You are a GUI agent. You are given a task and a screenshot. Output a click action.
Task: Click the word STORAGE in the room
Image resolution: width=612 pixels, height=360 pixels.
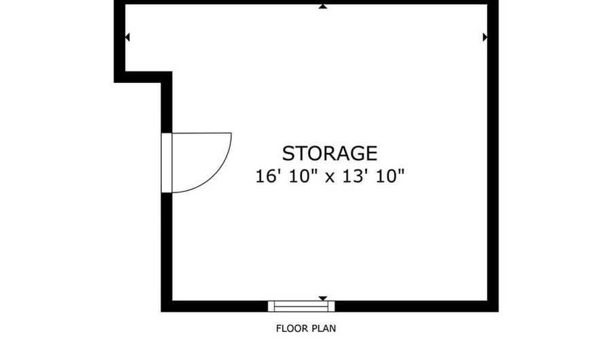(x=330, y=153)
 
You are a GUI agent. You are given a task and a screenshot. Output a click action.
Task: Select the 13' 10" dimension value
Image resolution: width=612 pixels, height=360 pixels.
(x=373, y=176)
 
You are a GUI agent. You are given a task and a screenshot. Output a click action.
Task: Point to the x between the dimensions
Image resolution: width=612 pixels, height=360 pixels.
(x=330, y=178)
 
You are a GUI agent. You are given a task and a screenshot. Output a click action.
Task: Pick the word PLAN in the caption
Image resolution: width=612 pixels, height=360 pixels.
(x=323, y=329)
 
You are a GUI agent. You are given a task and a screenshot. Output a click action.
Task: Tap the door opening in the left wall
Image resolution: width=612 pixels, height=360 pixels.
(x=167, y=163)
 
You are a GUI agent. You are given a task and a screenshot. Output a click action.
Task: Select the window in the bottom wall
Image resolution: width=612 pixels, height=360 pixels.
(x=301, y=306)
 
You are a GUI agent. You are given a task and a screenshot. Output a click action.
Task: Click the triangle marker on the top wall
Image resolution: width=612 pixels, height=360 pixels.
(x=323, y=7)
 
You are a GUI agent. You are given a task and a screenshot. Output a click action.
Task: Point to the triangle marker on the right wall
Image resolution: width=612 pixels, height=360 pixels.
(x=485, y=37)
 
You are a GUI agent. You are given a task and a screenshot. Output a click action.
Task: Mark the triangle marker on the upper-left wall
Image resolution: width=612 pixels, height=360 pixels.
(x=127, y=37)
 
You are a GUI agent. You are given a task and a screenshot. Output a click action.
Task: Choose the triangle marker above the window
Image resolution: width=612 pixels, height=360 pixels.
(x=323, y=299)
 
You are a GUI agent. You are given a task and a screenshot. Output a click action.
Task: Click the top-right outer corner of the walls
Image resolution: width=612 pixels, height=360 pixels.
(x=498, y=0)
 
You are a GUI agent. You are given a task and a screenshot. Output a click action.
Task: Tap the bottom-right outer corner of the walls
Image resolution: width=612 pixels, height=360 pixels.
(x=498, y=312)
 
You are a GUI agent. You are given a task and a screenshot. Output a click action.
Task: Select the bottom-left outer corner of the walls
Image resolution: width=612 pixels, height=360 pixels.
(x=161, y=312)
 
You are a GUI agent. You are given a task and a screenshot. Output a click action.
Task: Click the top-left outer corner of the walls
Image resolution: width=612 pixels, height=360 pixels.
(x=114, y=0)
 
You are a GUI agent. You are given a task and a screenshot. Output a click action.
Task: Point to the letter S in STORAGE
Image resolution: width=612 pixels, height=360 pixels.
(x=288, y=153)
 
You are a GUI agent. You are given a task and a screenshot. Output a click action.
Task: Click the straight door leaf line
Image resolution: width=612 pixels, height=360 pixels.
(x=202, y=133)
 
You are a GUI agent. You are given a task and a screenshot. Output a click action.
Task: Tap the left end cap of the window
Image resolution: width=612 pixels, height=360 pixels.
(x=271, y=306)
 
